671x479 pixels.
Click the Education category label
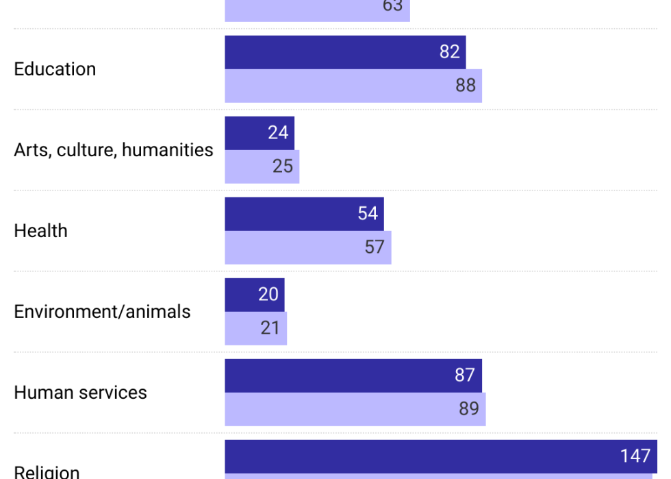click(55, 69)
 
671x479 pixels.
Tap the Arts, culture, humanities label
click(114, 150)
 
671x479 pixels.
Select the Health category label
click(40, 231)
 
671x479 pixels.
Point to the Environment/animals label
click(102, 312)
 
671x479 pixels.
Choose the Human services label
click(80, 393)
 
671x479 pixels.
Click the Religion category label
click(47, 471)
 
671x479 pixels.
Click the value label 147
click(635, 456)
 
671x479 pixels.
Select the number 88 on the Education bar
click(466, 86)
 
